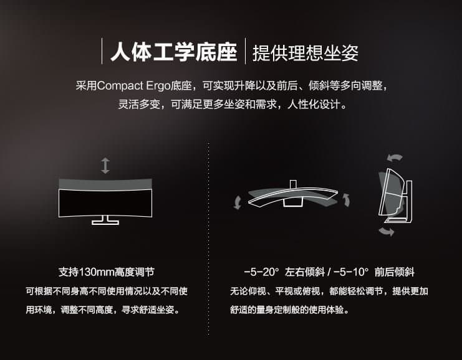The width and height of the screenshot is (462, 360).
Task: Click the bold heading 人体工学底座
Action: (174, 52)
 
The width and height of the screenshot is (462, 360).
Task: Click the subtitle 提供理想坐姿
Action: (306, 53)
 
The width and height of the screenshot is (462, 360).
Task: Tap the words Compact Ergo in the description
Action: (133, 86)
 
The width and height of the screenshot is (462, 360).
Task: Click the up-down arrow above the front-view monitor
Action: (105, 166)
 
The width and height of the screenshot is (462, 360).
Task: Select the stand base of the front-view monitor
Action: (105, 220)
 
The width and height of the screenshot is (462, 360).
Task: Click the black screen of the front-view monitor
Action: (105, 204)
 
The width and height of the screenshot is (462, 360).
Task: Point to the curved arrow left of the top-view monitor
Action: (237, 202)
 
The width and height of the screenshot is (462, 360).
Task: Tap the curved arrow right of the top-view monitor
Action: (347, 200)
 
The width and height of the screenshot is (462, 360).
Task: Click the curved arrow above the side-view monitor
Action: (395, 158)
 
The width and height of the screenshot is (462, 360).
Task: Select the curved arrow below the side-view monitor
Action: (387, 231)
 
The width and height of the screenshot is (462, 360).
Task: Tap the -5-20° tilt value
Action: (261, 272)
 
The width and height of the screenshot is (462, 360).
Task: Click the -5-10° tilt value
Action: (351, 272)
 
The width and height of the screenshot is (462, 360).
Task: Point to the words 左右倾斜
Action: (305, 272)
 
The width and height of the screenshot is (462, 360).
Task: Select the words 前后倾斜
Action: (395, 272)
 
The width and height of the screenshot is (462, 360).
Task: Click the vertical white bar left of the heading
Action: (102, 51)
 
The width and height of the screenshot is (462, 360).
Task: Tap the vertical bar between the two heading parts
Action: (245, 51)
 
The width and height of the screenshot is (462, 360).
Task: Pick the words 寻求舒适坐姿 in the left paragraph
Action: (148, 310)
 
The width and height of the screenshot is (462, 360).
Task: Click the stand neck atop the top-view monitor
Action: (293, 184)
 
